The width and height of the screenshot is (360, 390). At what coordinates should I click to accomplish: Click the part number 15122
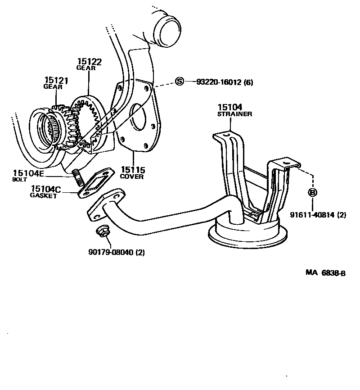coord(89,62)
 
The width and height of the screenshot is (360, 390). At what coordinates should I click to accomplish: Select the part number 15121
coord(56,81)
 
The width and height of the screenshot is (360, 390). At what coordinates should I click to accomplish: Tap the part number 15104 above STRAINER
coord(230,107)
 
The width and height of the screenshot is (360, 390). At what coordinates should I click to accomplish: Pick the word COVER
coord(132,177)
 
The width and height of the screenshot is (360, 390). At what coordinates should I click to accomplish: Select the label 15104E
coord(28,172)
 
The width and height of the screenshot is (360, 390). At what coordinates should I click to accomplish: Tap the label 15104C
coord(46,189)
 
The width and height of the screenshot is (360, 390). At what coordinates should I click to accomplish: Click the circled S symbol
coord(180,82)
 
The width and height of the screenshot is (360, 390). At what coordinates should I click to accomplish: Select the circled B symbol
coord(312,192)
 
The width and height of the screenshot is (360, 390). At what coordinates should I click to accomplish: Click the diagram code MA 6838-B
coord(325,273)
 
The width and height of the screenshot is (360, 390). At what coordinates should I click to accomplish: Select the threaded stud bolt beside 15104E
coord(78,177)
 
